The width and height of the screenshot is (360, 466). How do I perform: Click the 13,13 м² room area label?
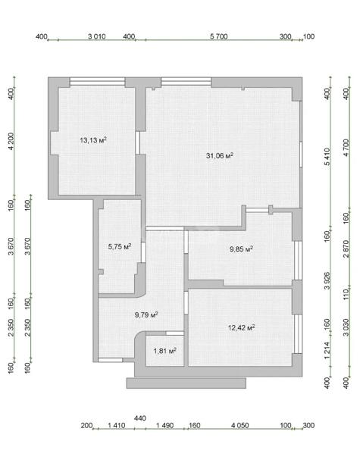tap(93, 140)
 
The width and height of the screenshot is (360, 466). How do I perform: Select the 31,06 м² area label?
tap(220, 155)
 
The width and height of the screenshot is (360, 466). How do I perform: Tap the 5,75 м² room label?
tap(120, 246)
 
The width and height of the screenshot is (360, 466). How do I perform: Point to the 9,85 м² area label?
tap(241, 249)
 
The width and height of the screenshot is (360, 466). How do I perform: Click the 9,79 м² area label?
tap(146, 314)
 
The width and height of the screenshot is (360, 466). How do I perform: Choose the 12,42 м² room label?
tap(241, 327)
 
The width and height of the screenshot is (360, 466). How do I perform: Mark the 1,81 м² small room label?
tap(165, 351)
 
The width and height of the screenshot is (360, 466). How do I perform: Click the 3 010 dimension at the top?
tap(97, 36)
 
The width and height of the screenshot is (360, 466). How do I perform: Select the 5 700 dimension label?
tap(219, 36)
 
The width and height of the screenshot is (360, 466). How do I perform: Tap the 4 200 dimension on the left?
tap(11, 141)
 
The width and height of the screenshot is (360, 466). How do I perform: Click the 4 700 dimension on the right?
tap(346, 148)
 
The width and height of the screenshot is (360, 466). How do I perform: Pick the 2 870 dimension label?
tap(346, 249)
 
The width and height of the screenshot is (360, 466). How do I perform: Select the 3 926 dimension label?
tap(327, 280)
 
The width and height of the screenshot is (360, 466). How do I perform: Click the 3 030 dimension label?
tap(346, 327)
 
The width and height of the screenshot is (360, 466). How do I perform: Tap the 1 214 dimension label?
tap(327, 350)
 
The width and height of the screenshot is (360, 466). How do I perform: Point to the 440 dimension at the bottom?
tap(140, 418)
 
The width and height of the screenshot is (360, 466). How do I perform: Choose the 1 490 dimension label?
tap(165, 425)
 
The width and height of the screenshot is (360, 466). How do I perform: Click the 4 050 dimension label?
tap(240, 425)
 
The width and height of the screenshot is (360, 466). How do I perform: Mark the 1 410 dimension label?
tap(116, 425)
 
